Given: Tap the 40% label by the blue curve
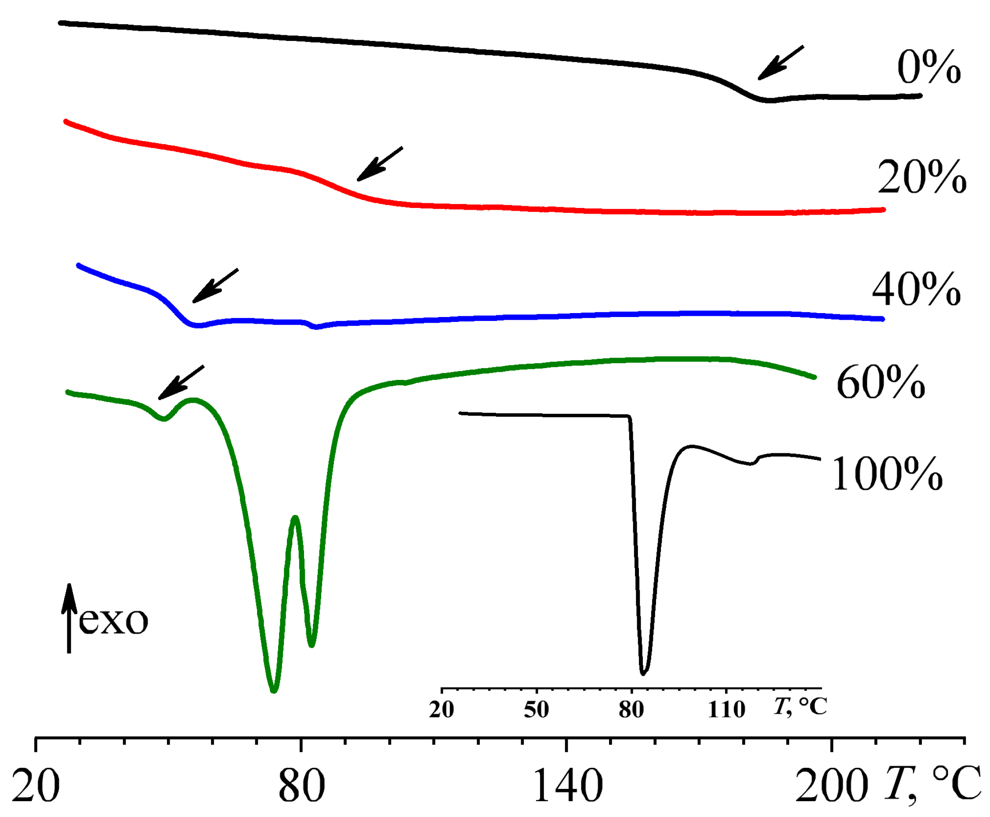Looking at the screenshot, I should [x=916, y=289].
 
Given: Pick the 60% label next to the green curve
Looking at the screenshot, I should [x=881, y=383].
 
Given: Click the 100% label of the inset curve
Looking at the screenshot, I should [x=887, y=474].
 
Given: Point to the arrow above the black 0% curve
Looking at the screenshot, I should [x=781, y=62].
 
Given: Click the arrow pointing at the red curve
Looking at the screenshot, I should [x=380, y=163].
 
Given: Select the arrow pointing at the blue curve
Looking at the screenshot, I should [x=215, y=286].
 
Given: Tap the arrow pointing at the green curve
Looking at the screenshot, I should [x=181, y=382].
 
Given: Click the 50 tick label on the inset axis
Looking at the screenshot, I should [x=536, y=709].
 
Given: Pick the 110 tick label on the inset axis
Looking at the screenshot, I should [x=727, y=709].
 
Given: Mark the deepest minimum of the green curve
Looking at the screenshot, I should [x=274, y=691].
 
